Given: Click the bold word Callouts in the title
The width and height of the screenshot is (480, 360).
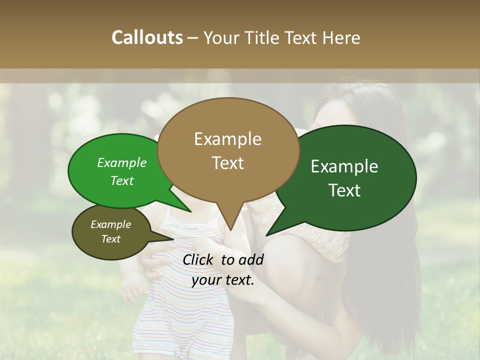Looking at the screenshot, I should tap(147, 37).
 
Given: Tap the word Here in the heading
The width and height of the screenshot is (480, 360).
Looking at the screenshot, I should tap(342, 37).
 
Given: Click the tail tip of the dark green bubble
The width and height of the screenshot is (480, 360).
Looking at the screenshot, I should tap(266, 235).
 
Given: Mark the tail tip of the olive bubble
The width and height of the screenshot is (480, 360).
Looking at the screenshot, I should tap(176, 238).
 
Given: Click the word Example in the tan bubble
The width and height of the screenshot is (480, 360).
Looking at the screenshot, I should tap(227, 139).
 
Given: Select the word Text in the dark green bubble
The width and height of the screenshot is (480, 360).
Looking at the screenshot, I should tap(345, 190).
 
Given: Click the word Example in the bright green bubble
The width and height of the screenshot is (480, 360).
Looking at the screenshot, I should tap(122, 163).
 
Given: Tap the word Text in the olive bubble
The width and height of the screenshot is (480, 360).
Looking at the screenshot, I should tap(111, 239).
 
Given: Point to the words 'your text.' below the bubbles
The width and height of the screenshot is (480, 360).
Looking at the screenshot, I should tap(223, 280).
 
